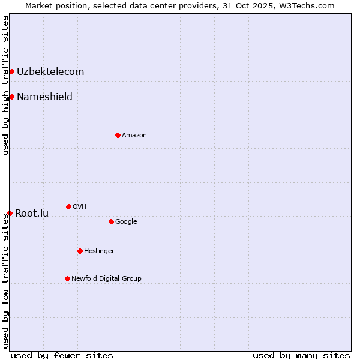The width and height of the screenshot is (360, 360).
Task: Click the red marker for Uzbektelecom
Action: tap(11, 72)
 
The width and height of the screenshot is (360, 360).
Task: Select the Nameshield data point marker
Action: tap(11, 97)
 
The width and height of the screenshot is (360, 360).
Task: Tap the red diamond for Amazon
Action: tap(118, 135)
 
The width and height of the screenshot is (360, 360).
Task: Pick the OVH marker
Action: tap(68, 206)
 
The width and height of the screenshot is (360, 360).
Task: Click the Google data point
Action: tap(111, 221)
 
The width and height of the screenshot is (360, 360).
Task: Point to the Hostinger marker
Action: tap(80, 251)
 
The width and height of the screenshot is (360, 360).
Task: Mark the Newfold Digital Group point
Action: tap(67, 278)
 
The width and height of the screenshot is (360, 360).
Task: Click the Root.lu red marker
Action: tap(10, 213)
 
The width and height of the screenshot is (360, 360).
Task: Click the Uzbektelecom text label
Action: tap(50, 72)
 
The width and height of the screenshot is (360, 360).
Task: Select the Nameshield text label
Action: tap(44, 97)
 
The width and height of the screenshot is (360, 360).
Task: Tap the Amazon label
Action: tap(134, 135)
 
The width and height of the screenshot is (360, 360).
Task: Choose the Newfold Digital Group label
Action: tap(106, 278)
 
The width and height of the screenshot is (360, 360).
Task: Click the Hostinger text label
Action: tap(99, 251)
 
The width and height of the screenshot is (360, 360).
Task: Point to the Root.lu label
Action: tap(32, 213)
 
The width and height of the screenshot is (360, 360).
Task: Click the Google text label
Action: tap(126, 221)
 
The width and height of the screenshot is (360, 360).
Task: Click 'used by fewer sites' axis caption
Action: tap(62, 355)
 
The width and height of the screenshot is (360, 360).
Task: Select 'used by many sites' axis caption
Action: tap(301, 355)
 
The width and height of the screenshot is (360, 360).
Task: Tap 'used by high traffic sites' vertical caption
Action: tap(5, 85)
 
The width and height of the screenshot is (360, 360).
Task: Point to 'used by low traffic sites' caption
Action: tap(5, 280)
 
